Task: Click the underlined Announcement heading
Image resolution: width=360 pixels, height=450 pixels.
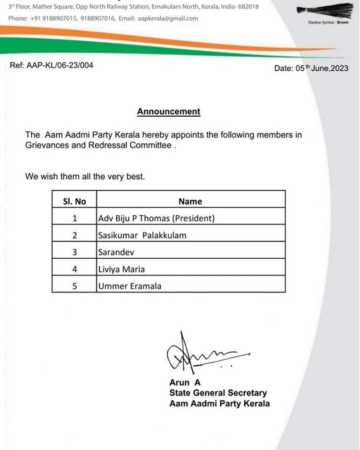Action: (168, 112)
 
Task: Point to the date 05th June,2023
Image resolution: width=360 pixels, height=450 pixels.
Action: (311, 68)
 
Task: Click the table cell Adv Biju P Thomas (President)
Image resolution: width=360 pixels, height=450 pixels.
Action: (156, 218)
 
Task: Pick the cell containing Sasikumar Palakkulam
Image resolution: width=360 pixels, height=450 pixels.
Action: (142, 235)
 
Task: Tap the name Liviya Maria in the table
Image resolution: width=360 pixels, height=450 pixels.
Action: (121, 269)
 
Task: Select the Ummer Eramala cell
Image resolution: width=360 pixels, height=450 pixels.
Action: (129, 286)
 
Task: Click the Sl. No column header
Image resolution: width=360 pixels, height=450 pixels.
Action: (75, 201)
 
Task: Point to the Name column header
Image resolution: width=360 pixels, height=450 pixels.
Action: (190, 201)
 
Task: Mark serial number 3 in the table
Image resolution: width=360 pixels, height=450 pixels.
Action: (75, 252)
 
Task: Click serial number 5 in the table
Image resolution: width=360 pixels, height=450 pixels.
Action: (75, 286)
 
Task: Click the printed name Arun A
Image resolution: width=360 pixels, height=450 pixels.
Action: (185, 383)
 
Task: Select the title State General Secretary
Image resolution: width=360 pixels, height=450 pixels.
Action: (218, 393)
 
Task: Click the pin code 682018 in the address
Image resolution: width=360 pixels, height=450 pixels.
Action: (247, 7)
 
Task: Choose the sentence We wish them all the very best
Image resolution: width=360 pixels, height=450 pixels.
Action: (85, 177)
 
